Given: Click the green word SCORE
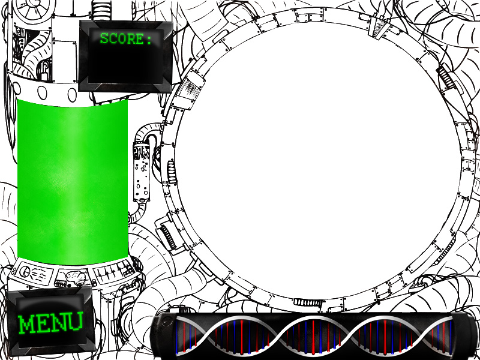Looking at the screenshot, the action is tap(122, 39).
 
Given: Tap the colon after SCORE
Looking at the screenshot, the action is tap(149, 40).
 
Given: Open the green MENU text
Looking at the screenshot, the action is tap(50, 323).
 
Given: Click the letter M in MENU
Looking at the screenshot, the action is tap(26, 324).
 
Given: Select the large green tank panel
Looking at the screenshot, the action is tap(73, 182).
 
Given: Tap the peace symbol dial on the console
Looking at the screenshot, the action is tap(25, 271).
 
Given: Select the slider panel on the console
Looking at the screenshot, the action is tap(114, 270).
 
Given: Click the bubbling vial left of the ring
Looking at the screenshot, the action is tap(142, 172).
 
